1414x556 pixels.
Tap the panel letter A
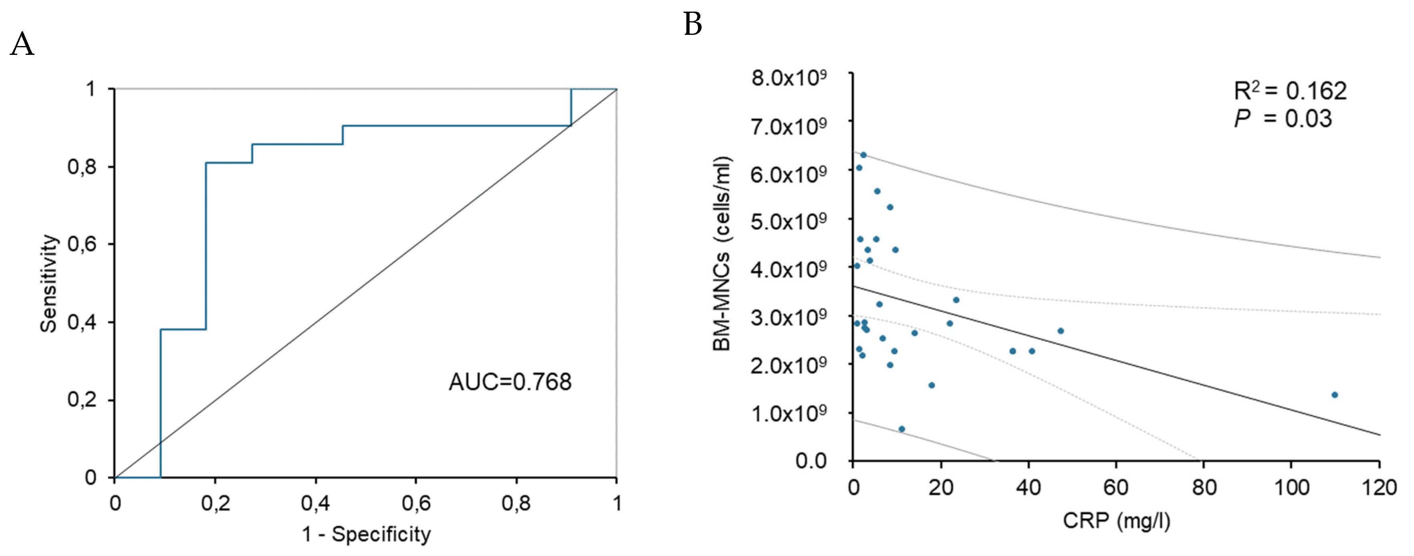point(22,44)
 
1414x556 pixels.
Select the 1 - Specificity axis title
point(366,534)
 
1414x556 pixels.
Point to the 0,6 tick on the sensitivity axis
point(82,244)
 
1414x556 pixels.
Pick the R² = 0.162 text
point(1290,91)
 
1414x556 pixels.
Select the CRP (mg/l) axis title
point(1116,520)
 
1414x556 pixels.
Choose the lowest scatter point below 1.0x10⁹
point(901,429)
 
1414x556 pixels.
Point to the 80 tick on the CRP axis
point(1204,488)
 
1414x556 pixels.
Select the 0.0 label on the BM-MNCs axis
point(811,461)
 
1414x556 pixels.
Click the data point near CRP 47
point(1061,331)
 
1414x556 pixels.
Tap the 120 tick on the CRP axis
point(1379,488)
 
